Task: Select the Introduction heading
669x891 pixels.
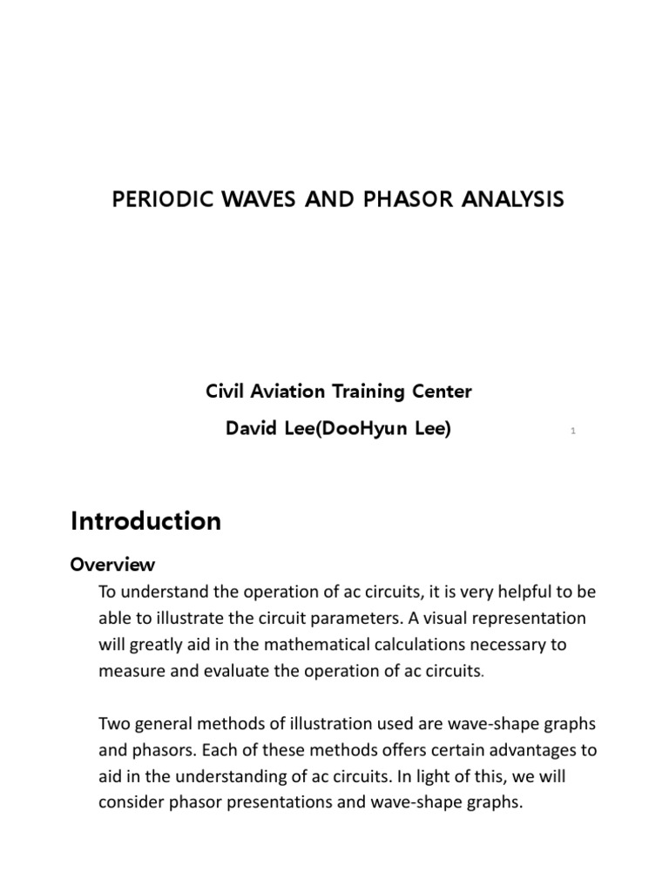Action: pyautogui.click(x=145, y=521)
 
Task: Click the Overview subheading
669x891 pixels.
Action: pyautogui.click(x=112, y=564)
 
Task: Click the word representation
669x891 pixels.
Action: pyautogui.click(x=526, y=619)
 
